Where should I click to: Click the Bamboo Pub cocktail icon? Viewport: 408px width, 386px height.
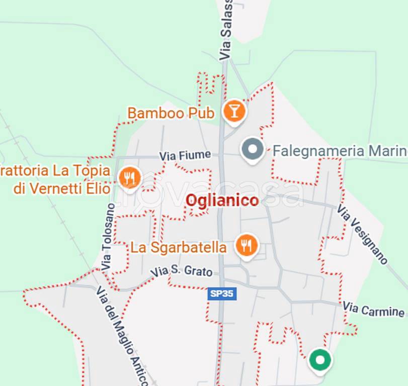[x=233, y=110]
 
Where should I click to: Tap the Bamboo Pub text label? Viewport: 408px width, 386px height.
[x=171, y=113]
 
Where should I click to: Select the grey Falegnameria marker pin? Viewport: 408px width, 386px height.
[x=253, y=149]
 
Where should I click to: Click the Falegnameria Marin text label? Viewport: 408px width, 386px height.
[x=340, y=150]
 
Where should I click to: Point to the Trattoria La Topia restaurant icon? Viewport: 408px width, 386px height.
[x=130, y=177]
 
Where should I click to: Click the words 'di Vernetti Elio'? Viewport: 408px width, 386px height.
[x=62, y=189]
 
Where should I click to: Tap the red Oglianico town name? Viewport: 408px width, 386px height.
[x=222, y=201]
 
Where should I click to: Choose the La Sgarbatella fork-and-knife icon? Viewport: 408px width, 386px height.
[x=246, y=245]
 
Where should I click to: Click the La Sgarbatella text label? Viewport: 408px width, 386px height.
[x=179, y=247]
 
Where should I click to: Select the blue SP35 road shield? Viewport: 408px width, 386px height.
[x=221, y=294]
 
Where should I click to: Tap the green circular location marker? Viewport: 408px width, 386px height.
[x=319, y=360]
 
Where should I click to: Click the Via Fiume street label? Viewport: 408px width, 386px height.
[x=185, y=156]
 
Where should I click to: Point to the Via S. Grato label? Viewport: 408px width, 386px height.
[x=182, y=271]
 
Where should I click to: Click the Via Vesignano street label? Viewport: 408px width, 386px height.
[x=362, y=234]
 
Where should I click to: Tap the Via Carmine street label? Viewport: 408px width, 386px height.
[x=373, y=309]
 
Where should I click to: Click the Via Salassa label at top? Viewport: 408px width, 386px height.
[x=226, y=30]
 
